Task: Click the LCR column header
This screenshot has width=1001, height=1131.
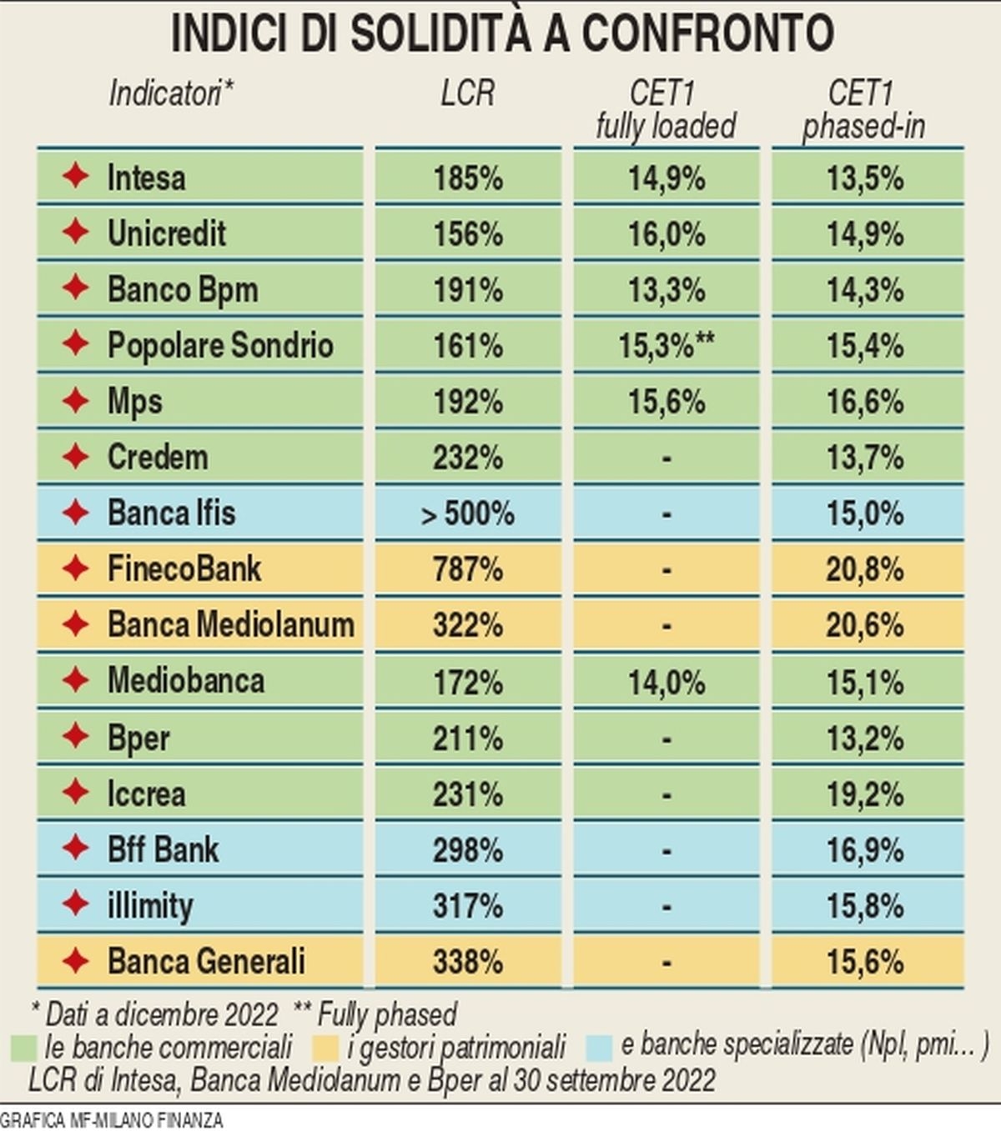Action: [x=467, y=93]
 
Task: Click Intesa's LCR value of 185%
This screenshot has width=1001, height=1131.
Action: [x=468, y=178]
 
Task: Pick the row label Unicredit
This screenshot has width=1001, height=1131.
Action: [x=167, y=233]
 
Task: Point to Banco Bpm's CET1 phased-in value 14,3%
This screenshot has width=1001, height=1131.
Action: [x=865, y=290]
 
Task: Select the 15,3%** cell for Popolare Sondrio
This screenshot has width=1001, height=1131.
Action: [x=666, y=346]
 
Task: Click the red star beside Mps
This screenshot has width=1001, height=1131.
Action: [x=76, y=401]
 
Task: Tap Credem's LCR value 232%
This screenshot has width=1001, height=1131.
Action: [x=468, y=458]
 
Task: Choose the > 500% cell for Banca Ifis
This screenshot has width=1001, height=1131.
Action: [x=468, y=513]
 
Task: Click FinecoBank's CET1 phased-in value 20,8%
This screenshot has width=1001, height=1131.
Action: [x=865, y=569]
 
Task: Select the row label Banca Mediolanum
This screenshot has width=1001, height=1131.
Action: [x=231, y=625]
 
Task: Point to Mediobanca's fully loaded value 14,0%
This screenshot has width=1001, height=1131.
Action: [x=666, y=683]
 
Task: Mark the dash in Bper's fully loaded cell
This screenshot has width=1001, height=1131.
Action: [x=666, y=739]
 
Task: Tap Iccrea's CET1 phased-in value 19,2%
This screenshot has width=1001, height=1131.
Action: [x=865, y=794]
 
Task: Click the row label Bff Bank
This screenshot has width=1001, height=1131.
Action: [x=163, y=850]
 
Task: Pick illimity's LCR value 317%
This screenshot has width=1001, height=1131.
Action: [x=468, y=906]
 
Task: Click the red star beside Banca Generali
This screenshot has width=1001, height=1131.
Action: [x=76, y=961]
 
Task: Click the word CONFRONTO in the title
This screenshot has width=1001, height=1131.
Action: [x=707, y=33]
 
